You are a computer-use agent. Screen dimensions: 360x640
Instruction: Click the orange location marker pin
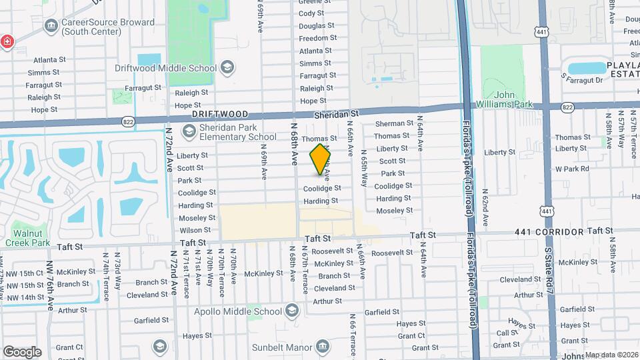321,159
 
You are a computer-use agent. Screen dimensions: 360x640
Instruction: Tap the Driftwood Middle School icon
227,67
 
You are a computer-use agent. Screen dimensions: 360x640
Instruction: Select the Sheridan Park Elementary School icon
189,131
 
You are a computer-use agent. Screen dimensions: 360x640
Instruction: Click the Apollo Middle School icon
291,311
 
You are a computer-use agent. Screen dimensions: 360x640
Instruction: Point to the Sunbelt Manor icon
323,347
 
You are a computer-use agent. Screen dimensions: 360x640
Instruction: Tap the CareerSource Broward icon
51,26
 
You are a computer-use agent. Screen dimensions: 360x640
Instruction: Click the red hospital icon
7,41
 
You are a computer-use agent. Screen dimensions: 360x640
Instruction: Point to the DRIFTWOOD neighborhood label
220,115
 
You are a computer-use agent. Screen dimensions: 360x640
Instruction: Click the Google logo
22,351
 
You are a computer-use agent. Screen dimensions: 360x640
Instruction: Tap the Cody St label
311,13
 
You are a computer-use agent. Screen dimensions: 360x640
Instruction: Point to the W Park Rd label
572,169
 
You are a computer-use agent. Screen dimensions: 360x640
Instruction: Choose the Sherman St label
395,123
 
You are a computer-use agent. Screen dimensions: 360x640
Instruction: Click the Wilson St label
195,230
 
